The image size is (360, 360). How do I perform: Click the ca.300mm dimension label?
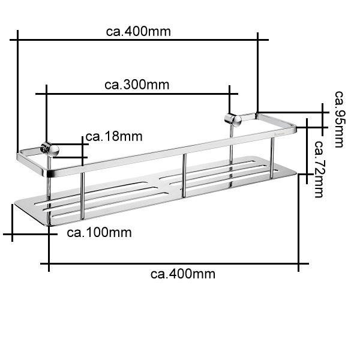[x=137, y=85]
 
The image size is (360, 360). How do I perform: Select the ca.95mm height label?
[x=340, y=119]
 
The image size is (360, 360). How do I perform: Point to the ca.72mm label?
[x=319, y=169]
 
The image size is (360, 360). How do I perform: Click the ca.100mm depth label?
[x=99, y=232]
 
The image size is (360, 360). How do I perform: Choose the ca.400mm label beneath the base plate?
[x=183, y=274]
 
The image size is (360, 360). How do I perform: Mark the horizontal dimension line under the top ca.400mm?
[x=138, y=40]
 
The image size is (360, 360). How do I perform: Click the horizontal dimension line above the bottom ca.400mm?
[x=174, y=263]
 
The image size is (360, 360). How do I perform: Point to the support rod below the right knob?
[x=231, y=147]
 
